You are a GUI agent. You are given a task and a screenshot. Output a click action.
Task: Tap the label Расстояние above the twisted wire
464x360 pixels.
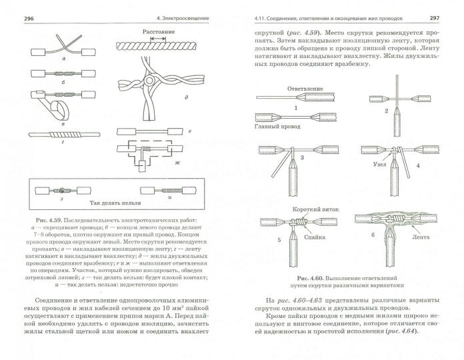click(x=157, y=31)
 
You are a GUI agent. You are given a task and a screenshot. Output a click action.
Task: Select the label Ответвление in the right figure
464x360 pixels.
click(x=287, y=88)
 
